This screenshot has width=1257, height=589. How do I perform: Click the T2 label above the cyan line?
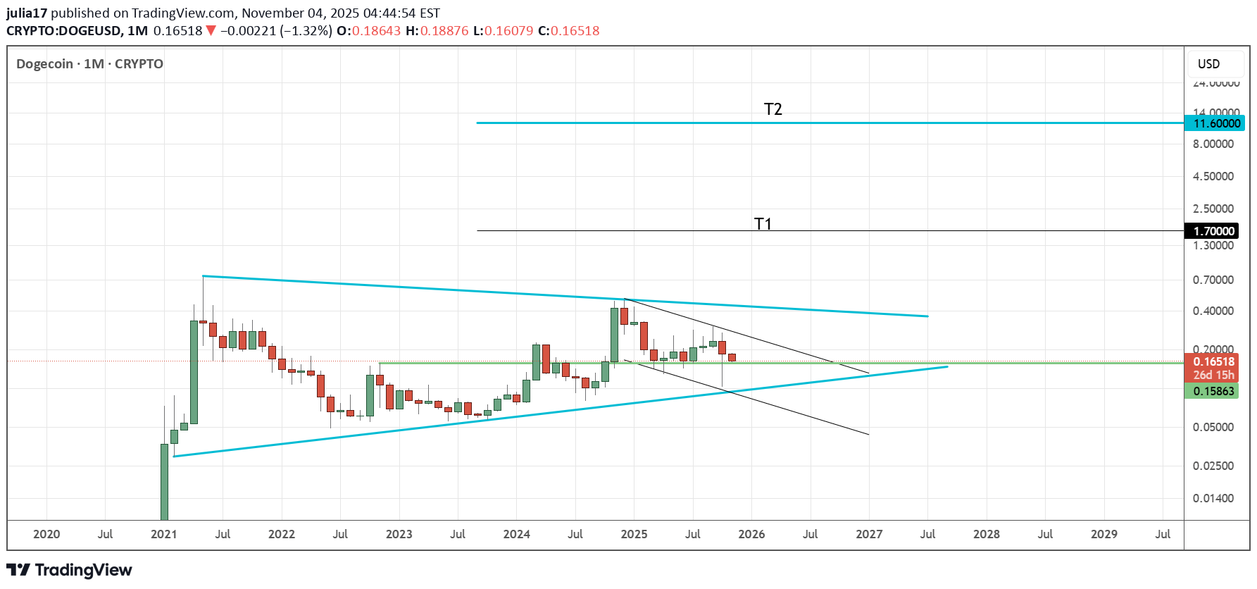[x=773, y=109]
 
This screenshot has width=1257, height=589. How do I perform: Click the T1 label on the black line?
[x=763, y=224]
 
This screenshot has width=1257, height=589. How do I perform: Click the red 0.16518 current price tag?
[x=1213, y=361]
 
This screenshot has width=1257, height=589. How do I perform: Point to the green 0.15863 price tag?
[x=1213, y=391]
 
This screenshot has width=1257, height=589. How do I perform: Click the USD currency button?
[x=1208, y=64]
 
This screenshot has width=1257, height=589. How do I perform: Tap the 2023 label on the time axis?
[x=399, y=534]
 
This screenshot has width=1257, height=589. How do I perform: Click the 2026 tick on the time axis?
[x=751, y=534]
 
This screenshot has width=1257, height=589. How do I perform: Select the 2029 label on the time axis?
[x=1103, y=534]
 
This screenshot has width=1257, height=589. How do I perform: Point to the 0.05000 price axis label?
[x=1213, y=427]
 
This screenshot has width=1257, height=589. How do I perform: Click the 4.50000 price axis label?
[x=1213, y=176]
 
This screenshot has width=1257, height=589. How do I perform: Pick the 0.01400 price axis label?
[x=1213, y=498]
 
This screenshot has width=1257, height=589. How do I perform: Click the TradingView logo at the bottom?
[x=69, y=570]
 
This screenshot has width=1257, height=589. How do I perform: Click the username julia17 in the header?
[x=27, y=13]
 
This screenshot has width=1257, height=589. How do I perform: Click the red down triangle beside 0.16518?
[x=211, y=31]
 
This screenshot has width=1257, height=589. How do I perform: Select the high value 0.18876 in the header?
[x=444, y=31]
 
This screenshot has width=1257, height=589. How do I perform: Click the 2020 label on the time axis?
[x=46, y=534]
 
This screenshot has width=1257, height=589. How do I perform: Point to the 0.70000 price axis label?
[x=1213, y=280]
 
